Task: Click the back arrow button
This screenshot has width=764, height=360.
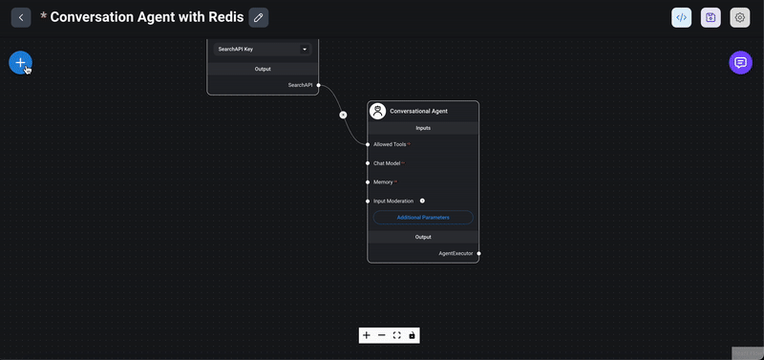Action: pos(21,17)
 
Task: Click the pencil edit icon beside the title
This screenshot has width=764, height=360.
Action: pos(258,17)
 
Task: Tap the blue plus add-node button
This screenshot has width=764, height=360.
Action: pos(20,62)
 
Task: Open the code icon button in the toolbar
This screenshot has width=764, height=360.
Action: pos(682,17)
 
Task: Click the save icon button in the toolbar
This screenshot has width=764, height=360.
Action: pos(711,17)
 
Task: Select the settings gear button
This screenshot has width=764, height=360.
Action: pos(739,17)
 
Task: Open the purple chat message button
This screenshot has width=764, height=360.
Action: pos(739,62)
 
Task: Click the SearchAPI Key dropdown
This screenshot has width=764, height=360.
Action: pos(263,49)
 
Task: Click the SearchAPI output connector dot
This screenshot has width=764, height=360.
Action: pos(318,85)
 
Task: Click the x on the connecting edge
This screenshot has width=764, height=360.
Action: pos(343,115)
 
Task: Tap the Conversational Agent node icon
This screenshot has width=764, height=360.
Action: pos(378,111)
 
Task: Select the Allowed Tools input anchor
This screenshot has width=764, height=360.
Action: pos(368,144)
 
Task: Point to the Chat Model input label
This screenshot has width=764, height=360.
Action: pos(387,163)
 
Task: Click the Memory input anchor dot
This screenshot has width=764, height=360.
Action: pos(368,181)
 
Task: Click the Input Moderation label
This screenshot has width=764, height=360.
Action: pos(393,201)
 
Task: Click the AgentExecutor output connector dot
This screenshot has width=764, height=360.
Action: pos(478,253)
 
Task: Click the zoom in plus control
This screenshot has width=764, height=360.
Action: pos(367,335)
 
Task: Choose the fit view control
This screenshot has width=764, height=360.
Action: pos(396,335)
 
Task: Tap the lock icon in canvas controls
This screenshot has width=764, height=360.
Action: pos(412,335)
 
